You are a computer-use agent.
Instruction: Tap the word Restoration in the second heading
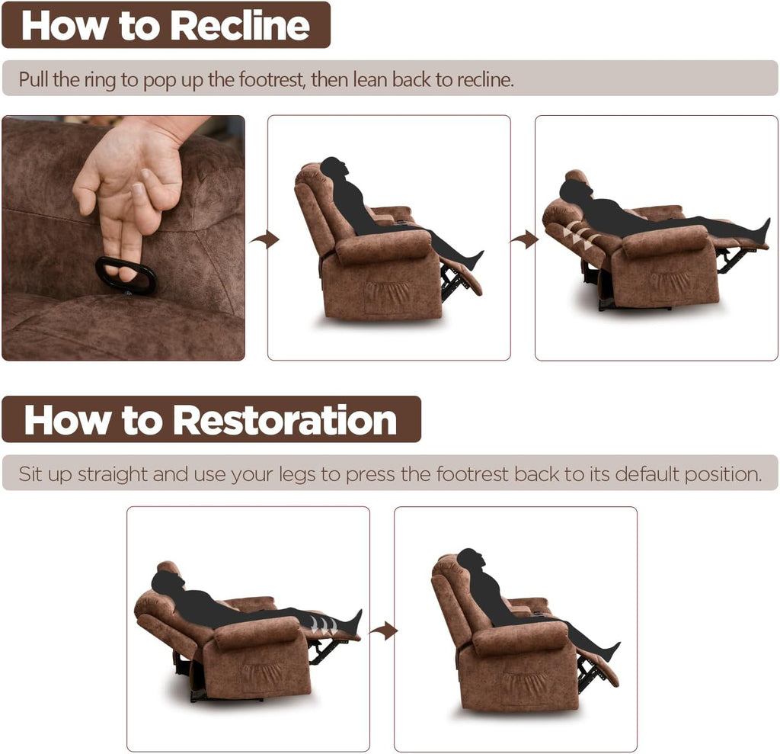coord(285,420)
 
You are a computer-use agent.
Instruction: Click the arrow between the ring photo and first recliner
coord(264,239)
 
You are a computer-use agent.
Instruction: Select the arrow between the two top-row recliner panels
coord(524,239)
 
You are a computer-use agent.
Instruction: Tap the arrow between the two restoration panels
coord(383,630)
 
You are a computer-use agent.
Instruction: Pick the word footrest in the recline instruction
coord(268,79)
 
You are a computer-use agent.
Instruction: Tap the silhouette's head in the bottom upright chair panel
coord(470,561)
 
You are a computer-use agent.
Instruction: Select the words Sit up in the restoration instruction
coord(45,474)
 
